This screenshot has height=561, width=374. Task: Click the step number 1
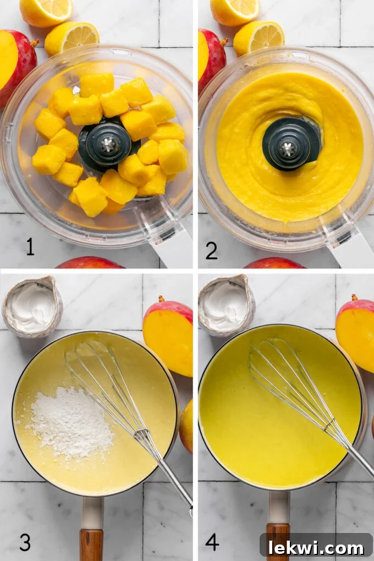click(30, 247)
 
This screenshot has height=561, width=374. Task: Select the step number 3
click(25, 542)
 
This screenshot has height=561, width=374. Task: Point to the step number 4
click(212, 542)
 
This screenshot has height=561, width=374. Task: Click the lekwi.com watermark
click(316, 547)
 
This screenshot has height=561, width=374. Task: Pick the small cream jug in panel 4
click(226, 304)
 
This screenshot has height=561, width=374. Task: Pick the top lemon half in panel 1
click(46, 11)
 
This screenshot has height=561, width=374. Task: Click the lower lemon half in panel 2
click(258, 37)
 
